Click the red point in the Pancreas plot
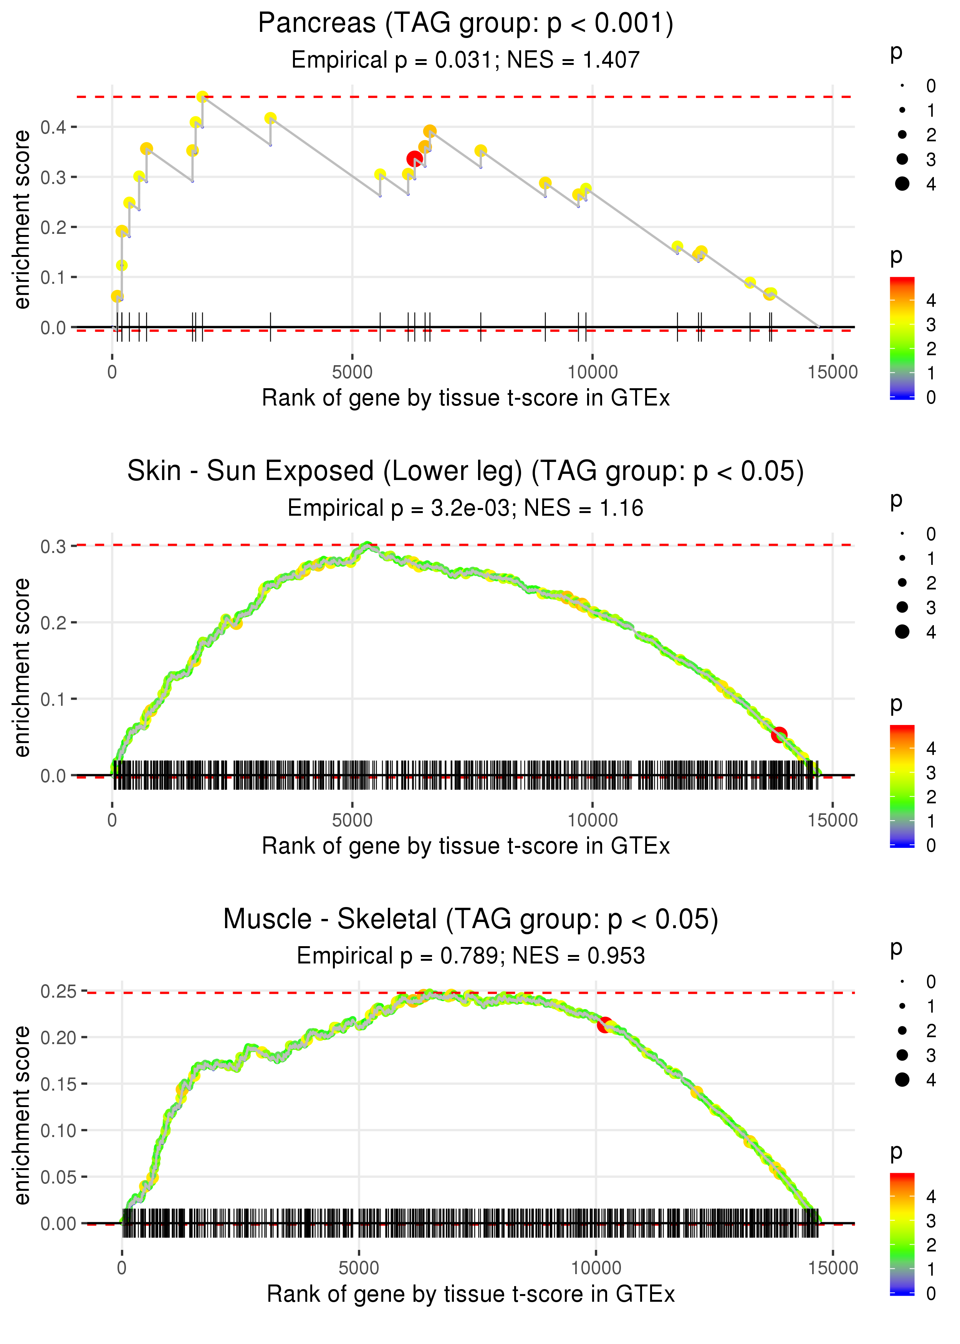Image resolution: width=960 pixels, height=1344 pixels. click(x=414, y=158)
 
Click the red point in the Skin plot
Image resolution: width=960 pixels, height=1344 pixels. click(x=779, y=735)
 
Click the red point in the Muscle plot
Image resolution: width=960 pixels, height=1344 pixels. click(x=604, y=1024)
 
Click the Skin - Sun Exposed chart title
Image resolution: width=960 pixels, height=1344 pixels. click(x=466, y=471)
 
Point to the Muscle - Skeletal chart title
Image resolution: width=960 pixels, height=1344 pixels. click(x=470, y=919)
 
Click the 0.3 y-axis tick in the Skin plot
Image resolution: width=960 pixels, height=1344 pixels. click(x=53, y=546)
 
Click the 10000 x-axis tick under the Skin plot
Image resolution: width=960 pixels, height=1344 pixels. click(x=592, y=820)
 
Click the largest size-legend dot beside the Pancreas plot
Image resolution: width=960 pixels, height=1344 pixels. click(x=902, y=184)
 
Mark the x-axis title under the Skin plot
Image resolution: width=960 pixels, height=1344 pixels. click(x=466, y=846)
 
